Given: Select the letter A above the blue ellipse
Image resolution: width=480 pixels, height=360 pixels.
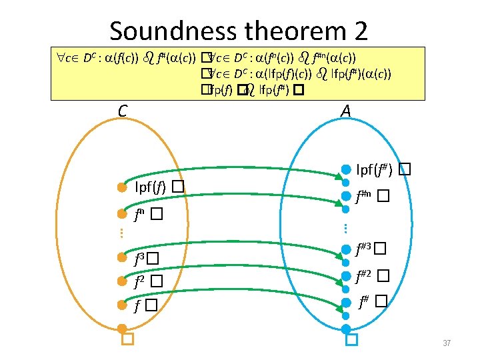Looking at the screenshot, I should [x=345, y=111].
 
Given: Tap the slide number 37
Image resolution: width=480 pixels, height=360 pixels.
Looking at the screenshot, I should [x=447, y=343].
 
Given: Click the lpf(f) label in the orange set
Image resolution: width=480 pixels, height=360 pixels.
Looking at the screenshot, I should [x=150, y=187].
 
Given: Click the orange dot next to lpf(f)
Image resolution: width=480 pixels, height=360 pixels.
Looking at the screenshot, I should [x=122, y=187].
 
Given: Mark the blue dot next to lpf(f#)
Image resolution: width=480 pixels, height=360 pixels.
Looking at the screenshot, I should [x=346, y=169].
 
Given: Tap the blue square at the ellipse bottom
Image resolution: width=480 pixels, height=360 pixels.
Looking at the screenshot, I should [x=351, y=341].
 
